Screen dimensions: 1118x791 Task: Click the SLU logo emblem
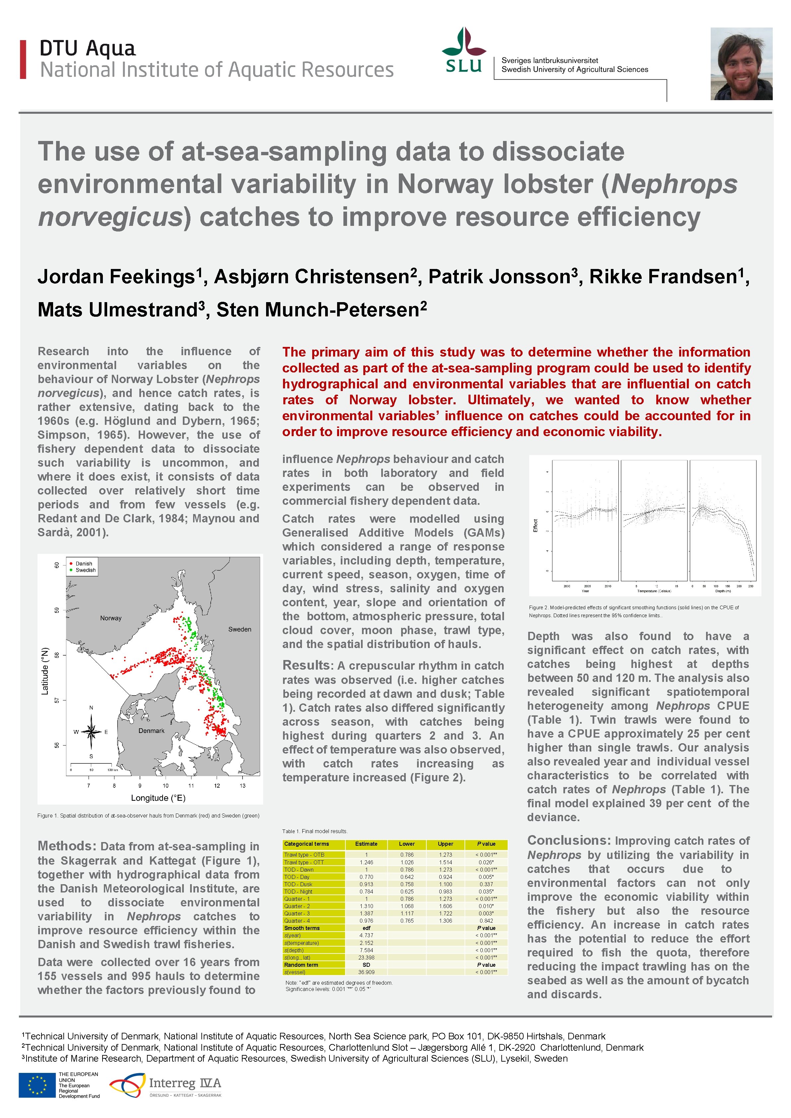[464, 50]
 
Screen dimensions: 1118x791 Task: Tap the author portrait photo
[741, 64]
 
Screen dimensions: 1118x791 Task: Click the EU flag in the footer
[37, 1085]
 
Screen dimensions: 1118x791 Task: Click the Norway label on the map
[110, 618]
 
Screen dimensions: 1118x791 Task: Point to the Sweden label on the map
[240, 629]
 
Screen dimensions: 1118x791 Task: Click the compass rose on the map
[91, 731]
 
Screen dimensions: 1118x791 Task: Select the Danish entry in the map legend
[83, 563]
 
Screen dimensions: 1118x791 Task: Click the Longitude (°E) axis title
[158, 798]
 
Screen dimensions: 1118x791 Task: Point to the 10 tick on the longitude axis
[166, 785]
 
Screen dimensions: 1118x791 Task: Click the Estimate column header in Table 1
[366, 844]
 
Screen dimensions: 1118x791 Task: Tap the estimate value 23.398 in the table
[366, 957]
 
